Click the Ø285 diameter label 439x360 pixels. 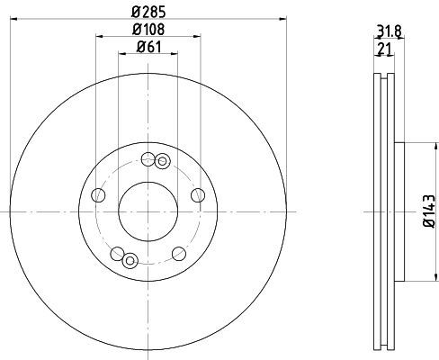148,12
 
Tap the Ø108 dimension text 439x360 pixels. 148,30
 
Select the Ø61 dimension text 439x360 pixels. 149,47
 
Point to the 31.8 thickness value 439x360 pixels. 390,31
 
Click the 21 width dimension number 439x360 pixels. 385,49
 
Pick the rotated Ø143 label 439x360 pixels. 429,211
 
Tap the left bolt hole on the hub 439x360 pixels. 98,195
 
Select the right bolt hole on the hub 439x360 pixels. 198,195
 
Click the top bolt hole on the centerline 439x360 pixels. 148,159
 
